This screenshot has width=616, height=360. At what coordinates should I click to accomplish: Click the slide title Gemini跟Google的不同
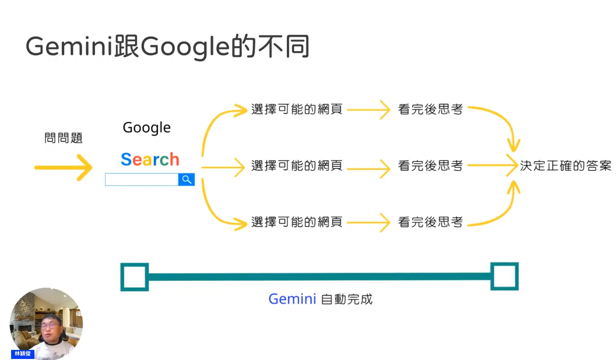point(167,47)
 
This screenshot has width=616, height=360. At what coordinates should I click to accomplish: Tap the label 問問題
point(63,138)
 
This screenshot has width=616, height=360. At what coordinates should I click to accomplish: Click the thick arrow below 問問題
point(64,167)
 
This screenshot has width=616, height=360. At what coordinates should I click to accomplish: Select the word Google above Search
point(147,128)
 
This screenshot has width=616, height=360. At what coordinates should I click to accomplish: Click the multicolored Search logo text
point(150,160)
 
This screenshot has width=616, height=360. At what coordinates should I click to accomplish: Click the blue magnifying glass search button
point(187,179)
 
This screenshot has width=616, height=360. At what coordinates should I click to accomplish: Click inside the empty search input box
point(141,179)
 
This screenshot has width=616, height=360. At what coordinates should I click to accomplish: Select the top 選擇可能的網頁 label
point(297,109)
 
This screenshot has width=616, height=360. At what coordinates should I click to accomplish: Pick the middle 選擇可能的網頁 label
point(297,165)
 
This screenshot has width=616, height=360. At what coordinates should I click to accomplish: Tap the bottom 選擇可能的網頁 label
point(297,222)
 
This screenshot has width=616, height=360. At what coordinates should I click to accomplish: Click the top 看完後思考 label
point(430,109)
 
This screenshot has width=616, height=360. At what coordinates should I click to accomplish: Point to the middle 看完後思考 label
point(430,165)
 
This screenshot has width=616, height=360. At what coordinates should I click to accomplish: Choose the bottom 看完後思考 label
point(430,222)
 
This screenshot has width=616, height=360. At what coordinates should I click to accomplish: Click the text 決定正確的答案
point(565,165)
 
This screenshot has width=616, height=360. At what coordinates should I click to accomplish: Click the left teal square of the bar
point(134,277)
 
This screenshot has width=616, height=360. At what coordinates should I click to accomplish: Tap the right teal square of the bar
point(505,277)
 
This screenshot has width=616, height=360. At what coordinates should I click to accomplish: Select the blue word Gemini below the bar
point(292,299)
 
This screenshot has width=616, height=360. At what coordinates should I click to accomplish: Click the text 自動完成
point(347,299)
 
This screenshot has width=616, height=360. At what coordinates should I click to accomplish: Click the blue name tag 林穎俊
point(23,354)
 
